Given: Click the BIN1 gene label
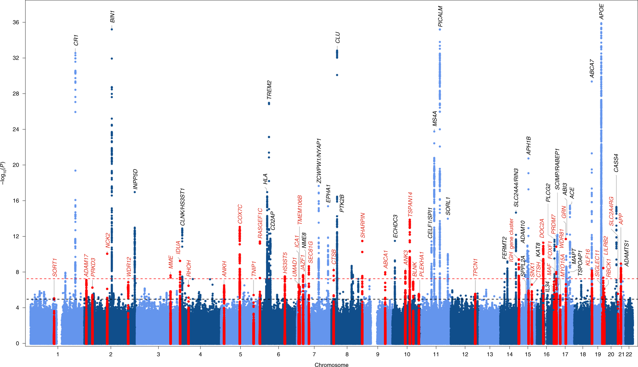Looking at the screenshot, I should [113, 17].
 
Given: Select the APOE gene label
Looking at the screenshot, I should [602, 11].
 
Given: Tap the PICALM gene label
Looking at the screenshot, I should [440, 16].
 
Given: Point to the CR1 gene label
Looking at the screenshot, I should [76, 40].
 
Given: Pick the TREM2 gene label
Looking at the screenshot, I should [269, 90].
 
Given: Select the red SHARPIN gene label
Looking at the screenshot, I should [363, 225].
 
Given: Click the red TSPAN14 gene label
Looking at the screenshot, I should [410, 204].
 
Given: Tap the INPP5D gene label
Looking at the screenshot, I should [135, 179].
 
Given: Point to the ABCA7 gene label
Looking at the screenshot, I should [592, 68].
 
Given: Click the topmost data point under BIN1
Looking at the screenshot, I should [112, 29].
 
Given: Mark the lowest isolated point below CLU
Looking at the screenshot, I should [337, 75].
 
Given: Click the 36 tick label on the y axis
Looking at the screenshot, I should [16, 22].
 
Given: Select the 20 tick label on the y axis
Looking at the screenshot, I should [16, 165].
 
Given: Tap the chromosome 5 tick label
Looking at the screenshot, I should [240, 354].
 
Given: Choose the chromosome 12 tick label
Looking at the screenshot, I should [465, 354].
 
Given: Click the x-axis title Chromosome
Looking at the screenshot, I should [331, 365].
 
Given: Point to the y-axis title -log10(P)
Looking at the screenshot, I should [3, 173].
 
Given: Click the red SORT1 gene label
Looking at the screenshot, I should [55, 267].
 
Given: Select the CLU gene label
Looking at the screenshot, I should [337, 37].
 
